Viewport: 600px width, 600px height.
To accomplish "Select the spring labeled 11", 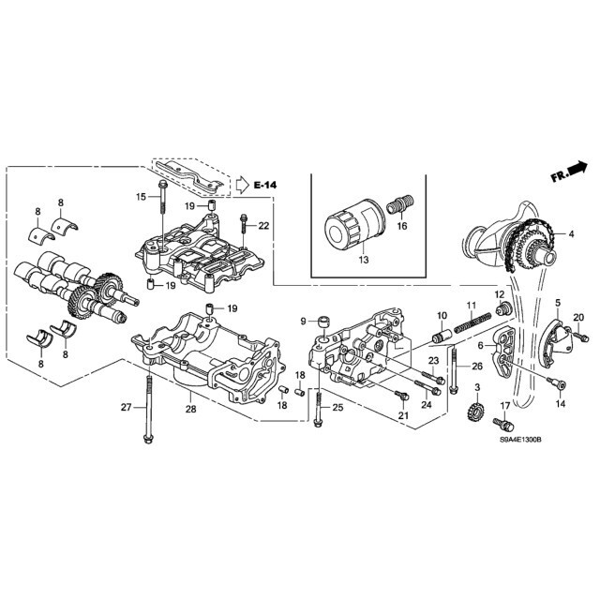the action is pos(472,322).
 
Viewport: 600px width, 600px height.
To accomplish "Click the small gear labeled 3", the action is pos(475,411).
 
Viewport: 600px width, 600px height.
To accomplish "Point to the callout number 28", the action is pos(190,409).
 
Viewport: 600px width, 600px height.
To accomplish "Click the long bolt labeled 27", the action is pos(148,410).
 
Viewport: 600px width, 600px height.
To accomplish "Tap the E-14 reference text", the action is pos(264,186).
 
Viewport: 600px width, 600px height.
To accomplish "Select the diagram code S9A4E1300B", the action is pos(520,440).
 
